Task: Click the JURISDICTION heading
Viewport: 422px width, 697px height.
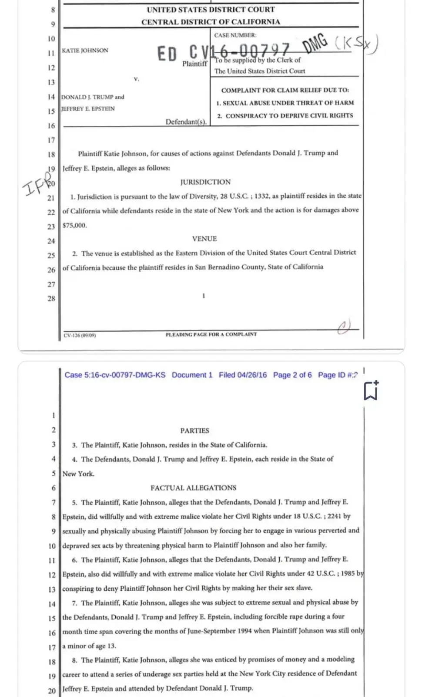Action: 205,182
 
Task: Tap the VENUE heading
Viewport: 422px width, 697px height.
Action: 204,239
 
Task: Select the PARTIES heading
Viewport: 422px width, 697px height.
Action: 194,430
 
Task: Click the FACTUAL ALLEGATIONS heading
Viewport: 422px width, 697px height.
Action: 194,488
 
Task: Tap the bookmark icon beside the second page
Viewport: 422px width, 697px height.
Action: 371,390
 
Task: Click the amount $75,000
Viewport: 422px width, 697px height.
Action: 75,226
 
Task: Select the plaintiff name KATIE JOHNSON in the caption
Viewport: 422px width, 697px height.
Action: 85,51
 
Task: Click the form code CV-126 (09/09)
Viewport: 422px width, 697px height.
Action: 80,335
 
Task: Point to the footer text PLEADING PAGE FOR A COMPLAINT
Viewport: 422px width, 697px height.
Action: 211,335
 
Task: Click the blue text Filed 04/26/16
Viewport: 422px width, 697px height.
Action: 243,375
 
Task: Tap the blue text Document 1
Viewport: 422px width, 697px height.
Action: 192,375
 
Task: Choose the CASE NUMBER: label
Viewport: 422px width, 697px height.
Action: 235,35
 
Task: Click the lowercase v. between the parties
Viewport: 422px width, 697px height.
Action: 137,79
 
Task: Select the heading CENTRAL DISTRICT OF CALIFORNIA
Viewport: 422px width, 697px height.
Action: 211,22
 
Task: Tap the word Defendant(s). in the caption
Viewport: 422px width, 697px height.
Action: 186,122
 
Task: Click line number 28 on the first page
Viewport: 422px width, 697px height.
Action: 51,298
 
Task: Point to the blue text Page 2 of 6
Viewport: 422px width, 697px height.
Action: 292,375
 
